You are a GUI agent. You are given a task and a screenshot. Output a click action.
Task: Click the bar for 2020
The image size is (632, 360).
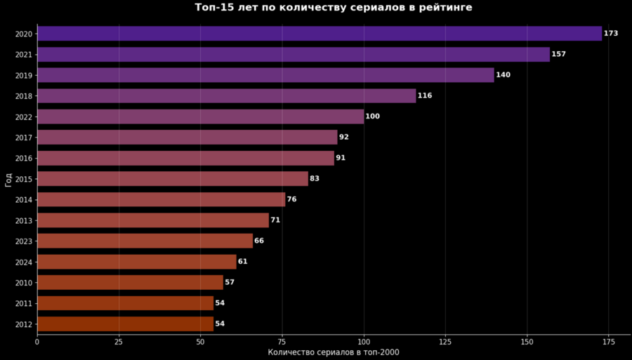(x=320, y=33)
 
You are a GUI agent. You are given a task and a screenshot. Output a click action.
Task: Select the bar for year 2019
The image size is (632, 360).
(x=265, y=75)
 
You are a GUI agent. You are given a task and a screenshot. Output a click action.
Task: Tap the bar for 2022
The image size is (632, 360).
(x=200, y=116)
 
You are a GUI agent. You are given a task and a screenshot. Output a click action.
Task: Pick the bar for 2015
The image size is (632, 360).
(x=173, y=179)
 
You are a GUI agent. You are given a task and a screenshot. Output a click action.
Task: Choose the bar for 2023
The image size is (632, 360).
(x=145, y=241)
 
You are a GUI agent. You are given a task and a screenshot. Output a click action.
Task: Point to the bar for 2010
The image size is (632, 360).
(x=130, y=282)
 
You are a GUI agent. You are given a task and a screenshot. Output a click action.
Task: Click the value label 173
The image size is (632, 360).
(x=611, y=34)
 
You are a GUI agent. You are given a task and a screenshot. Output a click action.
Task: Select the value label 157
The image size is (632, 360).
(x=558, y=54)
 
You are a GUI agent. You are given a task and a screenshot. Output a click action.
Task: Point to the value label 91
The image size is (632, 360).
(x=341, y=158)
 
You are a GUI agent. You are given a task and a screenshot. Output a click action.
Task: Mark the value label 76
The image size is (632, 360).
(x=291, y=199)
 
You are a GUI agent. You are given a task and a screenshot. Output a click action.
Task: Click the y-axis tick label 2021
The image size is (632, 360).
(x=23, y=54)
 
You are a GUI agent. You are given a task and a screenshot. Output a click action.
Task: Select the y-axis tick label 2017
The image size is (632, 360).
(x=23, y=138)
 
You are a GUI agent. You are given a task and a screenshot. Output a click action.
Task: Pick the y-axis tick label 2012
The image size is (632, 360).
(x=23, y=324)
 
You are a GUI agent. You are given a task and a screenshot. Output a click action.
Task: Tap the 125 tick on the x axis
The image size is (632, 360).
(x=445, y=341)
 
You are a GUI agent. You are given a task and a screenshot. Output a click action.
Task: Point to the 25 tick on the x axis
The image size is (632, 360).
(x=119, y=341)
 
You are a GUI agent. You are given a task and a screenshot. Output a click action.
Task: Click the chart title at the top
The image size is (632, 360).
(x=334, y=8)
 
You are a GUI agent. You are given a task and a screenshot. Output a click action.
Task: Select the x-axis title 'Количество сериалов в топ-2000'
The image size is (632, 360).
(x=334, y=352)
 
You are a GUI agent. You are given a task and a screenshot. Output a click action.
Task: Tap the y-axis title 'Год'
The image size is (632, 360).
(x=8, y=179)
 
